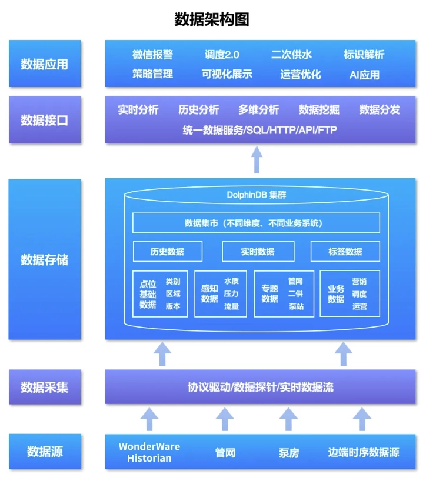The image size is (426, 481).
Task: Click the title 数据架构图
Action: click(x=212, y=19)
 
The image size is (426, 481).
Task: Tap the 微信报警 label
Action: click(x=152, y=55)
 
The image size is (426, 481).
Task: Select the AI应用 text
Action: click(x=364, y=75)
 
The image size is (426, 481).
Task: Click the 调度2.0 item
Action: click(x=222, y=55)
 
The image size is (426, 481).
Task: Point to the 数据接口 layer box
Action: click(x=45, y=120)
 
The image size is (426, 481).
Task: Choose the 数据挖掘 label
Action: click(x=319, y=109)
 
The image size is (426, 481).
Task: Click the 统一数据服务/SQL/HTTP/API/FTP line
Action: click(x=259, y=130)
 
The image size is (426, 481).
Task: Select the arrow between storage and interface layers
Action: click(x=257, y=160)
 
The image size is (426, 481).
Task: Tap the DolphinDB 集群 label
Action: click(x=257, y=195)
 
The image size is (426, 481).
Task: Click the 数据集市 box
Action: click(x=257, y=223)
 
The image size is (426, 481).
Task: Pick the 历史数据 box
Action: click(x=168, y=252)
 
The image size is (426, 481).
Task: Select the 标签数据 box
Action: click(x=345, y=252)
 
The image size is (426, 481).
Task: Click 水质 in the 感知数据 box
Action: click(x=231, y=281)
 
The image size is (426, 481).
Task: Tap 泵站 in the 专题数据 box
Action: click(x=296, y=306)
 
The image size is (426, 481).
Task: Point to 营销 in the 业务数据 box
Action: click(x=360, y=281)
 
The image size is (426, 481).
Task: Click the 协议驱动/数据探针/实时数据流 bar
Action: click(x=260, y=387)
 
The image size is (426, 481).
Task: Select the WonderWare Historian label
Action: click(x=149, y=452)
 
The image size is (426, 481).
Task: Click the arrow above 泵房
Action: click(x=288, y=419)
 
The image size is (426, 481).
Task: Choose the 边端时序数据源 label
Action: click(x=364, y=452)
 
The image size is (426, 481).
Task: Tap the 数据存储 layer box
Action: click(x=45, y=259)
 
